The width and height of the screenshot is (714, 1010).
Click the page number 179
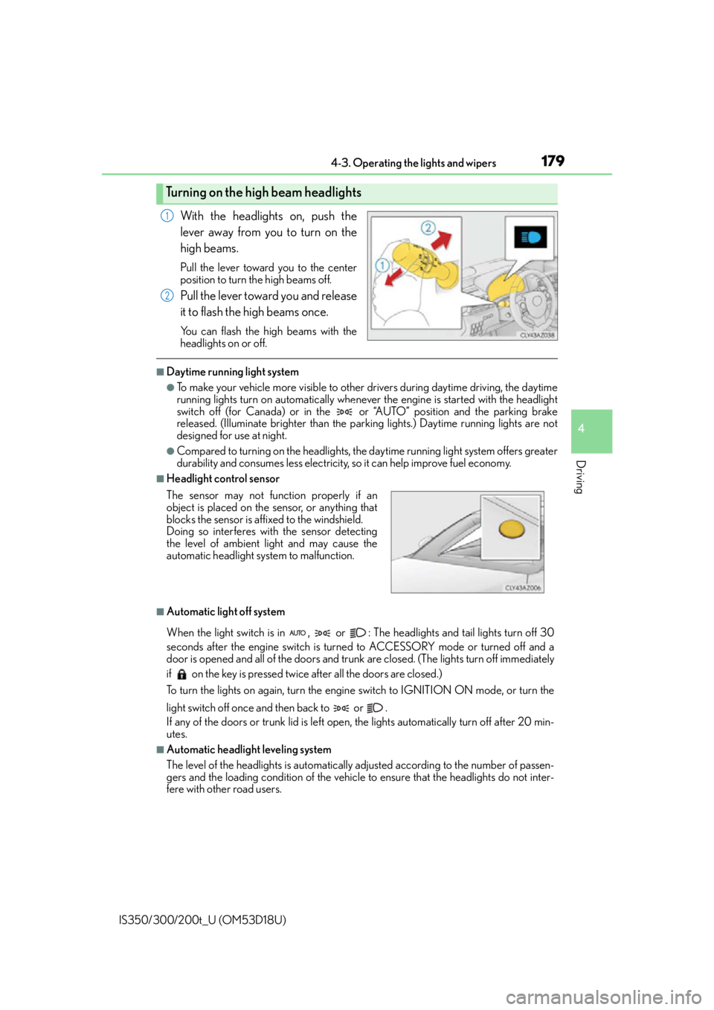(x=553, y=161)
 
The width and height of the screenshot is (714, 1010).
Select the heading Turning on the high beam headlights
(x=263, y=193)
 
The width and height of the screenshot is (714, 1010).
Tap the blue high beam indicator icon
(x=530, y=237)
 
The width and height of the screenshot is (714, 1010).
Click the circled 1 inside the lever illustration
(x=382, y=265)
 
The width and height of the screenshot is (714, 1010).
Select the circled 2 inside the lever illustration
(x=428, y=228)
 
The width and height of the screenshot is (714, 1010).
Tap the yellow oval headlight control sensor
(x=512, y=529)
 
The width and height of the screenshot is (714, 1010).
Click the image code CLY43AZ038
(x=536, y=335)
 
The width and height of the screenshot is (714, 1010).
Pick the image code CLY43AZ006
(x=523, y=588)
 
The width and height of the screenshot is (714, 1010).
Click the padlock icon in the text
(x=181, y=674)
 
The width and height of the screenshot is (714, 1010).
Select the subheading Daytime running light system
(x=233, y=372)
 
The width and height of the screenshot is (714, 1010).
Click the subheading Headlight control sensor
(x=223, y=479)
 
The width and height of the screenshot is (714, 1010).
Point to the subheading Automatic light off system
(x=226, y=612)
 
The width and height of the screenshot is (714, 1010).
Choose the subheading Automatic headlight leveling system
(x=249, y=750)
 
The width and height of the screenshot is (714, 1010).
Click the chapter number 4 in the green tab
(x=581, y=428)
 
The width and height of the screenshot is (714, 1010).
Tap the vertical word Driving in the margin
(x=581, y=477)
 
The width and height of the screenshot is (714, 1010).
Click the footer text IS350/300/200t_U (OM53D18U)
(x=202, y=920)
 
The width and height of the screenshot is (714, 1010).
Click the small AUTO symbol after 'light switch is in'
(x=297, y=633)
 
